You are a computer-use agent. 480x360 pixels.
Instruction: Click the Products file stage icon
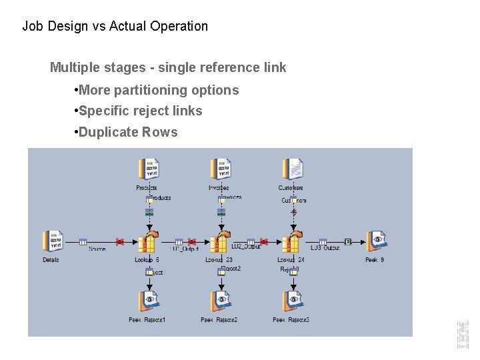coord(148,170)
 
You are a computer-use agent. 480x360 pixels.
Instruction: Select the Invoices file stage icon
coord(220,170)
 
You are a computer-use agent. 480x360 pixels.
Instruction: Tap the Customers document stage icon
coord(293,169)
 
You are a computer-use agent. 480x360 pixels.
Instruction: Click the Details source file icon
coord(52,242)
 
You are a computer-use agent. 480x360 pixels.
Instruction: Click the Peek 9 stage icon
coord(376,241)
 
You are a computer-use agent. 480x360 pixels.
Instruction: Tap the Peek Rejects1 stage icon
coord(148,302)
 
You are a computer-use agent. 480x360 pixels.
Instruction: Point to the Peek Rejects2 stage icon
coord(220,302)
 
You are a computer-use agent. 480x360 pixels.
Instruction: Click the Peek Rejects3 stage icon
coord(292,302)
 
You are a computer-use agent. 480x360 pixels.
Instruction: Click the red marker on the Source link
coord(120,241)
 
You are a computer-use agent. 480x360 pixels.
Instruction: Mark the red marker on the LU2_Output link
coord(263,241)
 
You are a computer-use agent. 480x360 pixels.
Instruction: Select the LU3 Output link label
coord(325,249)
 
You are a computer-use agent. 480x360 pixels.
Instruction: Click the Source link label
coord(97,249)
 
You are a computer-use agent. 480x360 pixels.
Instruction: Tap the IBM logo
coord(462,333)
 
